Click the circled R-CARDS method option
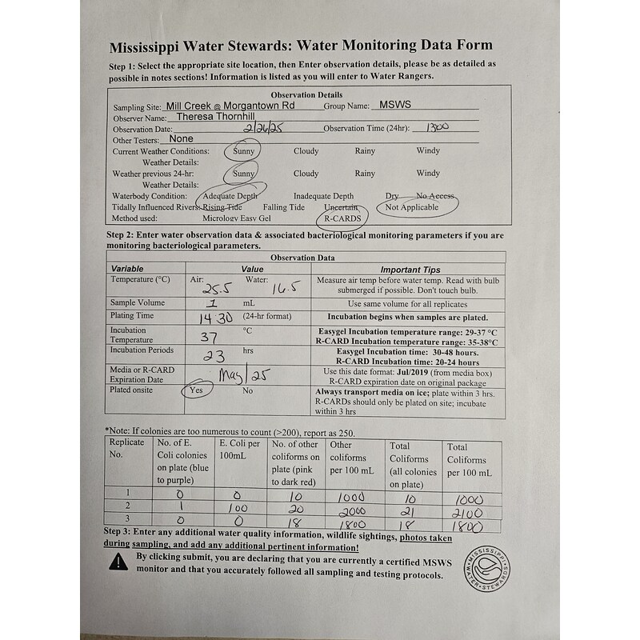(x=343, y=218)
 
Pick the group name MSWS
(x=395, y=105)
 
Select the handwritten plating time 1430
(x=214, y=318)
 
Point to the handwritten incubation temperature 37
(x=208, y=336)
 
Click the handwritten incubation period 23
(x=214, y=356)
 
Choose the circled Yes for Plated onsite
(x=196, y=390)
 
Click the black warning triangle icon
(x=119, y=562)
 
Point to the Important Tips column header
(x=410, y=270)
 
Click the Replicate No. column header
(x=126, y=448)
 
